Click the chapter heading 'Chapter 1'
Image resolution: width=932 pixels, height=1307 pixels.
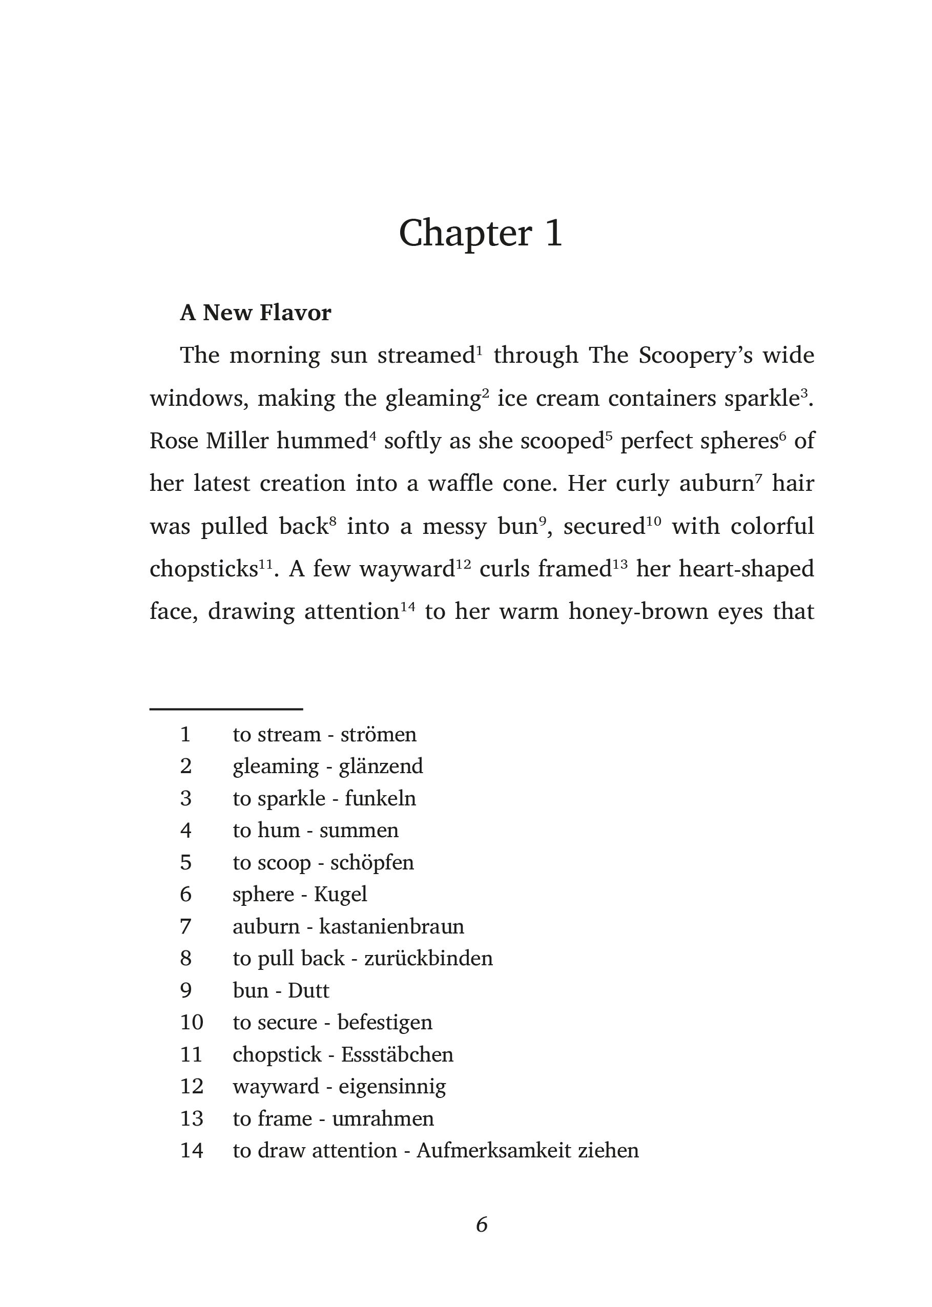(481, 234)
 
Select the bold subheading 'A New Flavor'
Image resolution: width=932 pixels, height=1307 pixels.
(255, 313)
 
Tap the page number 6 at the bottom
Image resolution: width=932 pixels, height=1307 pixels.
(482, 1225)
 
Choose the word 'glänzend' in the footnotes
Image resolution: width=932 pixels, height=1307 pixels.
(381, 766)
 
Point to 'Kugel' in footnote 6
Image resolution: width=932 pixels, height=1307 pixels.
(340, 895)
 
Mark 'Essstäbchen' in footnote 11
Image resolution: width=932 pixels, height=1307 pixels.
(397, 1054)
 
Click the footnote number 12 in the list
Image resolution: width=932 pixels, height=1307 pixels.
(192, 1086)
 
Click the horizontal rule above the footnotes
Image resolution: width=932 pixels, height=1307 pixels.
(226, 710)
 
